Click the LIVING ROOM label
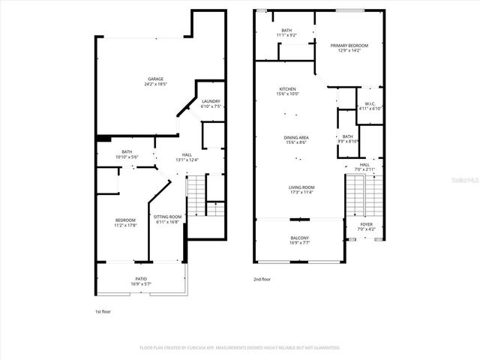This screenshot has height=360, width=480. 301,189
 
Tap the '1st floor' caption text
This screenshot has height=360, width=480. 102,310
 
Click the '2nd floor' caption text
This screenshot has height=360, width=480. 262,278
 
